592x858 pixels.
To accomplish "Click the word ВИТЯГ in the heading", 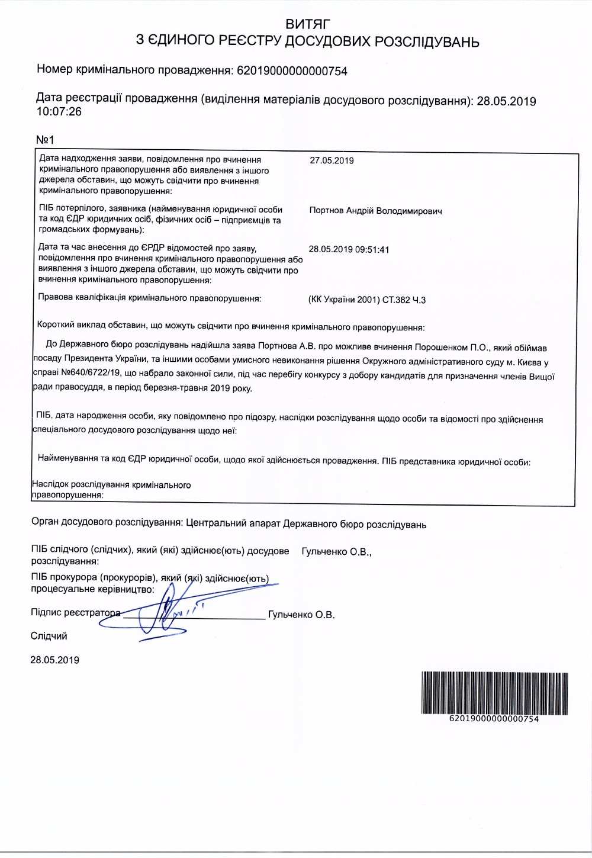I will click(x=308, y=24).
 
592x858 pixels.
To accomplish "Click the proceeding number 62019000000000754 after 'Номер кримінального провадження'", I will click(x=292, y=71).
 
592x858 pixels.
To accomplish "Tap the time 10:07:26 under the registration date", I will click(x=59, y=111).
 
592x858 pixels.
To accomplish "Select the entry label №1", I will click(x=46, y=140).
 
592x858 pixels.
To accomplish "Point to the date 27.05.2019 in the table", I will click(x=332, y=160).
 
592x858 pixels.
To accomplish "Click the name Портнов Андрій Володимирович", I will click(x=375, y=211).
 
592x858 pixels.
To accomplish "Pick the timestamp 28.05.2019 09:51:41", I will click(x=349, y=249).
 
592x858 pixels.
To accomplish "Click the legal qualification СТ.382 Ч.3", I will click(x=404, y=300).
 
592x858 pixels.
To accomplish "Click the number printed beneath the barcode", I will click(x=494, y=719).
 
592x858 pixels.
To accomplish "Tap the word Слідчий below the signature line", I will click(x=49, y=636).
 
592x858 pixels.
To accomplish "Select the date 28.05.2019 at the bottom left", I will click(x=54, y=660).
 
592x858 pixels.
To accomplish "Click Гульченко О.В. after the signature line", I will click(x=301, y=615).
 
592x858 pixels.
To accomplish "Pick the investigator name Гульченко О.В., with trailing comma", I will click(x=336, y=552).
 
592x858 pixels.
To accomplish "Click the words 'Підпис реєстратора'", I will click(x=75, y=612).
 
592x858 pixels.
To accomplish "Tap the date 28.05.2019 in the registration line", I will click(x=506, y=101).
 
